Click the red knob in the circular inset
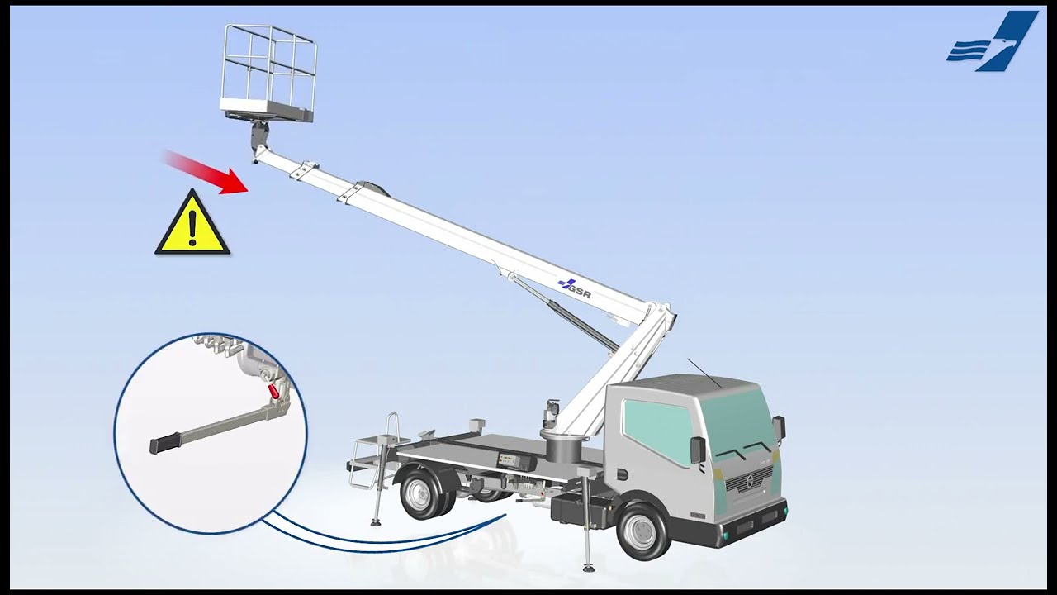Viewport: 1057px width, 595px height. pyautogui.click(x=273, y=391)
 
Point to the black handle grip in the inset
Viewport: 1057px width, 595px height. pyautogui.click(x=164, y=444)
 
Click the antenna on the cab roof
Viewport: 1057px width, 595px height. pyautogui.click(x=704, y=373)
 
